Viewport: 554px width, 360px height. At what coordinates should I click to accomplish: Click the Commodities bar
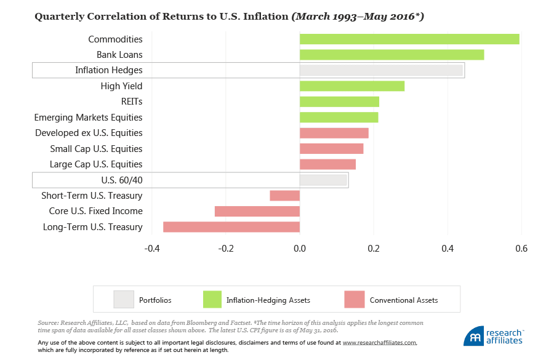(409, 39)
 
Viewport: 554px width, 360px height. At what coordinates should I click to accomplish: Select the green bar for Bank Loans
(391, 55)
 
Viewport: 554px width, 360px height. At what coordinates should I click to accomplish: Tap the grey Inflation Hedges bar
(381, 70)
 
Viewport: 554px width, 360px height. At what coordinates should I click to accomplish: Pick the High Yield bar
(352, 86)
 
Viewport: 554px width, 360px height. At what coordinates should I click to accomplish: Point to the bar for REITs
(339, 102)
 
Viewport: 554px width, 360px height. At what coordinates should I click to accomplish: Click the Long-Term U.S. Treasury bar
(231, 226)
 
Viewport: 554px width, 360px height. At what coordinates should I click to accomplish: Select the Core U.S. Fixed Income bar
(257, 211)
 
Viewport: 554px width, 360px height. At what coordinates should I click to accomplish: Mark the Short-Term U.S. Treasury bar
(285, 196)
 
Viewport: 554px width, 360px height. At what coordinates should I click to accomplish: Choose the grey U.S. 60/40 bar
(323, 180)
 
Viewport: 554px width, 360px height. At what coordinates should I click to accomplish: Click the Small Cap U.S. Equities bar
(331, 148)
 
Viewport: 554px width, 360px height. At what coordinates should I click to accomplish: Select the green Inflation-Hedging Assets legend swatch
(213, 300)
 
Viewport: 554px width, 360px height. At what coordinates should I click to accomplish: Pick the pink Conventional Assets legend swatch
(355, 300)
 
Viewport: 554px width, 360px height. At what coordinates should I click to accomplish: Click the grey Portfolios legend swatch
(124, 300)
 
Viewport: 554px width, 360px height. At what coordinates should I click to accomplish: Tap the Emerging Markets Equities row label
(88, 118)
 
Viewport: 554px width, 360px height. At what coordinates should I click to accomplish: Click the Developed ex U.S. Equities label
(89, 133)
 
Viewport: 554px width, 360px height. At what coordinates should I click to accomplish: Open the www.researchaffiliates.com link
(379, 342)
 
